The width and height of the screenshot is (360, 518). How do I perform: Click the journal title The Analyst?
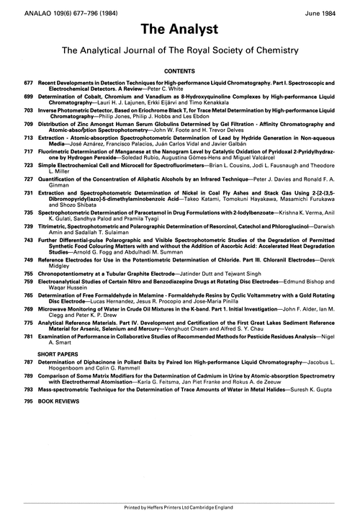click(x=180, y=31)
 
